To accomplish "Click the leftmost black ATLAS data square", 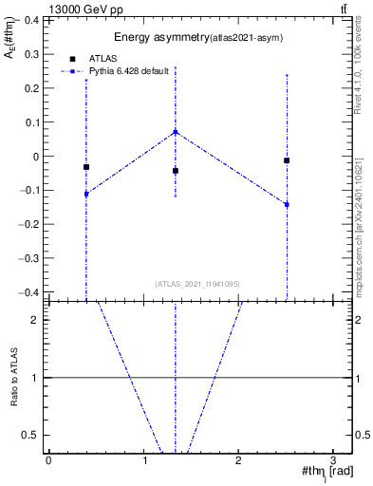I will [x=86, y=167].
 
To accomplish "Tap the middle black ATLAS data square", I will [x=176, y=171].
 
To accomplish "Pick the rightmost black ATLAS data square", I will [x=287, y=160].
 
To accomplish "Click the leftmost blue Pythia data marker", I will [x=86, y=194].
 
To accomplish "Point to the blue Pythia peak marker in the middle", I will [x=176, y=132].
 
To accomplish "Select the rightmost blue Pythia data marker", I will [x=287, y=204].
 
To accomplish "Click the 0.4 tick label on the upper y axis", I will [x=31, y=19].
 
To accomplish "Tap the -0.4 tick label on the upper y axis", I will [x=29, y=292].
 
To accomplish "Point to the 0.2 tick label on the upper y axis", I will [x=31, y=87].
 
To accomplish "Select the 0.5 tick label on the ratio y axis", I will [x=31, y=435].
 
